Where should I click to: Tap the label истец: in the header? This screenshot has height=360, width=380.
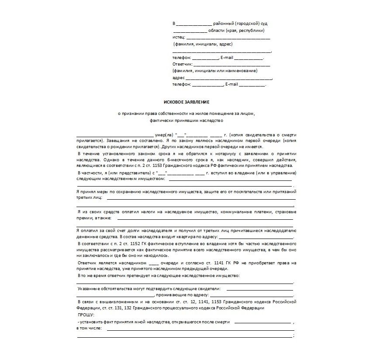tap(179, 37)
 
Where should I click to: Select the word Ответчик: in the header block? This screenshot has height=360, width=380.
tap(183, 64)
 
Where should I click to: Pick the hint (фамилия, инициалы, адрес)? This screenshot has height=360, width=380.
tap(203, 44)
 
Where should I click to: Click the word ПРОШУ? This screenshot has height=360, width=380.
tap(86, 315)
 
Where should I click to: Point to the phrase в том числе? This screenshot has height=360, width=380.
tap(89, 328)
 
